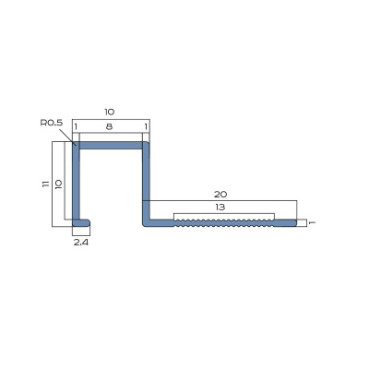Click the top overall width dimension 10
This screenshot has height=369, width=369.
point(110,112)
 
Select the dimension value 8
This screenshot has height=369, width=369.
point(109,126)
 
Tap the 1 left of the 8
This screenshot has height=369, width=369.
point(76,126)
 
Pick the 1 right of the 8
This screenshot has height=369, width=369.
point(146,126)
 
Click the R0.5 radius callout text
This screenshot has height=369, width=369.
point(52,123)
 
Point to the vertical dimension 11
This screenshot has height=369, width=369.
point(46,184)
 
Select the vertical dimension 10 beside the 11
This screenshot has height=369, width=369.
point(59,184)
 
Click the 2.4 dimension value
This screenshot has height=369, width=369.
point(81,243)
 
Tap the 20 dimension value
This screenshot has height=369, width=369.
point(220,195)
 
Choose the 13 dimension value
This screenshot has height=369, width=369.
point(220,208)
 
